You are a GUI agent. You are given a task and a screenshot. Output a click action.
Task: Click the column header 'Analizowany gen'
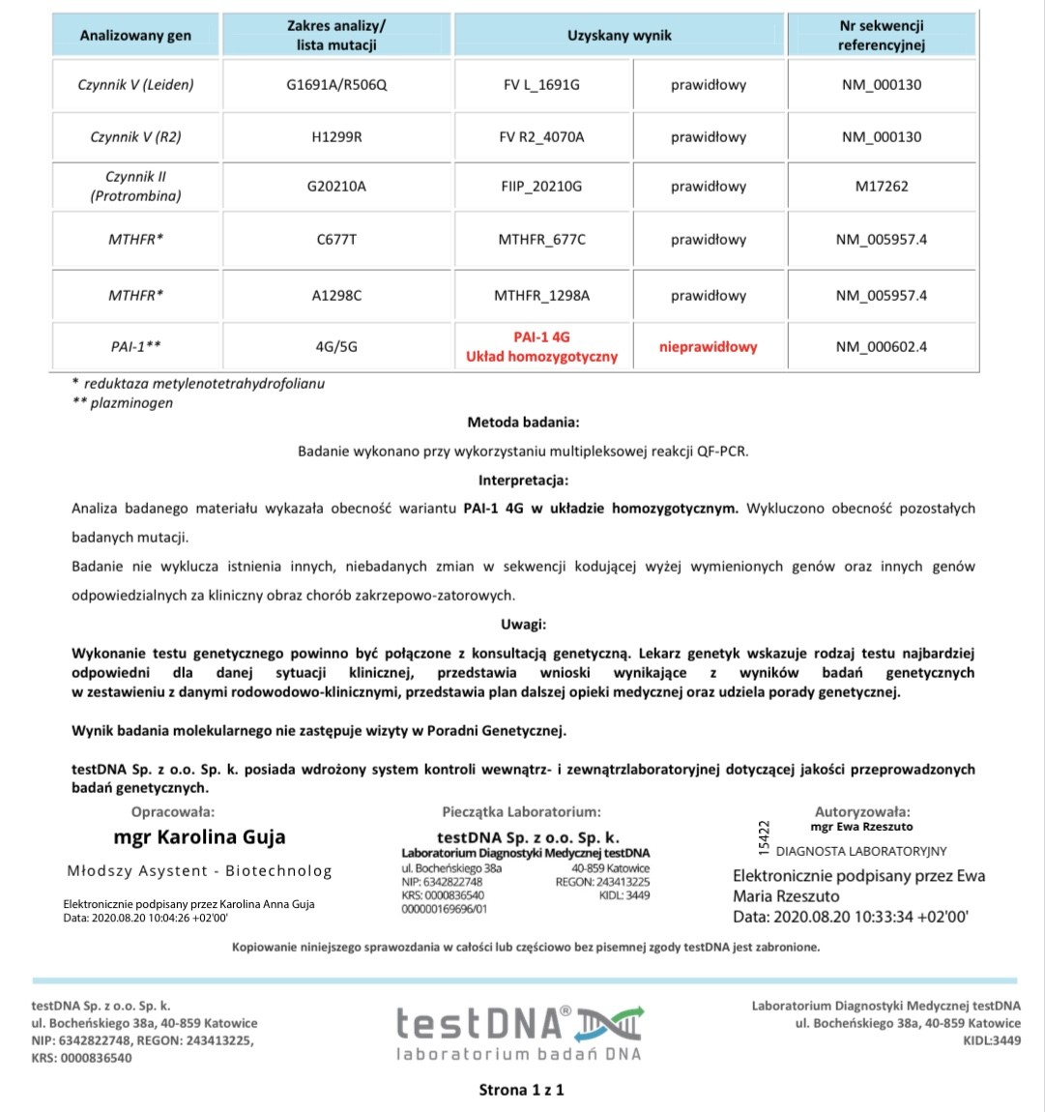point(135,36)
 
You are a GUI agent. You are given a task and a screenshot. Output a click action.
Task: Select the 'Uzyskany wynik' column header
point(619,36)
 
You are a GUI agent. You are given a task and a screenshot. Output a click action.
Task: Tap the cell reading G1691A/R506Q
point(336,85)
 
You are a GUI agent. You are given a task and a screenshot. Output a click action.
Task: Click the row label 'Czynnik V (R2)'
point(135,137)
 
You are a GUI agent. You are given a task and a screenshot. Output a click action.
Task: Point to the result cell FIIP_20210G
point(541,187)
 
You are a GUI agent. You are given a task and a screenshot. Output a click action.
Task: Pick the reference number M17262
point(881,187)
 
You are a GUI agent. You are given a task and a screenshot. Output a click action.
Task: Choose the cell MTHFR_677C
point(541,240)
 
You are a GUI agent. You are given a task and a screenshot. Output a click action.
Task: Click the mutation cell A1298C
point(336,296)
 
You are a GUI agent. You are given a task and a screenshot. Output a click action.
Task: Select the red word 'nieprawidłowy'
point(708,347)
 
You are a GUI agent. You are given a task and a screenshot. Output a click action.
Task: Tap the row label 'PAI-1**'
point(135,346)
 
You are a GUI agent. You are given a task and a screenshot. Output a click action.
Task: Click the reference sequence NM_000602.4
point(881,346)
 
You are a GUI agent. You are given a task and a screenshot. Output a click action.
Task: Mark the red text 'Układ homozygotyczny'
point(541,357)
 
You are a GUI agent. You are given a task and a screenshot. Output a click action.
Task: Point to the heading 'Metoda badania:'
point(523,423)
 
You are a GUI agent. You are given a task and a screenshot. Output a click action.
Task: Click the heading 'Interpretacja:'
point(523,480)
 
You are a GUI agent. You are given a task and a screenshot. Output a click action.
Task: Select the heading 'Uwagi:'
point(523,624)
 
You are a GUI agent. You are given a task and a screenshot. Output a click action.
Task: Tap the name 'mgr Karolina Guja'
point(199,837)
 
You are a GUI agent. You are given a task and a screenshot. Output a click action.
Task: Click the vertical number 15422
point(765,837)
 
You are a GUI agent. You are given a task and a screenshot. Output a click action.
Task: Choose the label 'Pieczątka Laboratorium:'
point(521,812)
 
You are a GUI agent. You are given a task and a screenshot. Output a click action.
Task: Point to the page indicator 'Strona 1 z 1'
point(521,1090)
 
